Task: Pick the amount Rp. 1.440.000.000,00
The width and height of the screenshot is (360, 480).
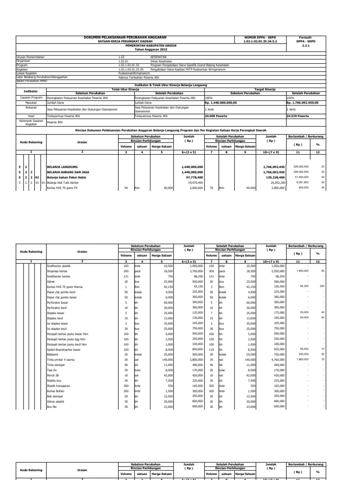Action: click(221, 102)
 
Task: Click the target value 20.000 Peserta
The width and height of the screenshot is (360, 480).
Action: click(217, 115)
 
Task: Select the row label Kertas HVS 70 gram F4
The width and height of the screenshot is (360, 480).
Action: click(61, 187)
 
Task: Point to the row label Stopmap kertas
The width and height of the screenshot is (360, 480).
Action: click(56, 271)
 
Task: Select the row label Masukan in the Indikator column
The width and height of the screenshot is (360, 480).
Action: click(30, 102)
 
